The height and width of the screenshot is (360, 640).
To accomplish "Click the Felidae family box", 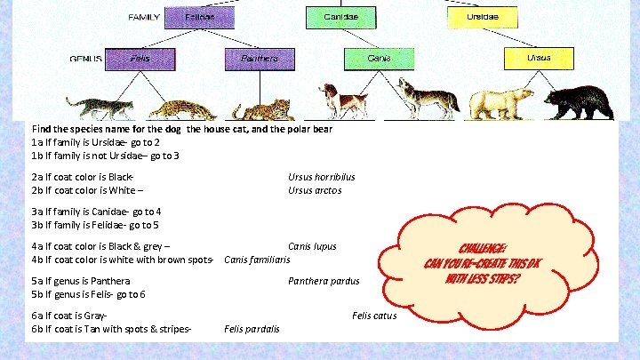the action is pos(200,17).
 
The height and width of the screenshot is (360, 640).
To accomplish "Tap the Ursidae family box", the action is pos(484,17).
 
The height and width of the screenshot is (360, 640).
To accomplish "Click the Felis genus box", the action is pos(140,59).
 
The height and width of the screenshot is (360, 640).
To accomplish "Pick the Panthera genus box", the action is pos(259,59).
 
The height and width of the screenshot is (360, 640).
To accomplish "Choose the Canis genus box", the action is pos(380,59).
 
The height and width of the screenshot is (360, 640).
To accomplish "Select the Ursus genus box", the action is pos(538,59).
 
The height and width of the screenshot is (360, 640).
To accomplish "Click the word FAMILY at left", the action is pos(145,17).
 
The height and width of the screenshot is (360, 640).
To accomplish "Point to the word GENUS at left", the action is pos(85,60).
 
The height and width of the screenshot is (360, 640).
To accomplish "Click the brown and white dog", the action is pos(342,99).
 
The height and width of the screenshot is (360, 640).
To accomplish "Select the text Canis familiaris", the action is pos(258,260).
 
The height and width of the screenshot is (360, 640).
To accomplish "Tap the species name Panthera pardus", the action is pos(324,282).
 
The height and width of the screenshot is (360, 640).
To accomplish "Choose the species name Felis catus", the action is pos(374,315).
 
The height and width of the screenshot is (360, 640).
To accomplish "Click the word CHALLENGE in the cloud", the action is pos(484,247).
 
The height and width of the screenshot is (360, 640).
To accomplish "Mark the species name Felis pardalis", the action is pos(252,329).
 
